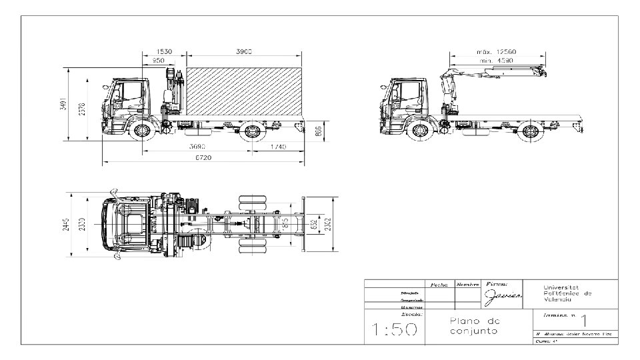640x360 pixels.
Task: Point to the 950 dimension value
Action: (159, 61)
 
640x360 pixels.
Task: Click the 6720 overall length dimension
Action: (204, 157)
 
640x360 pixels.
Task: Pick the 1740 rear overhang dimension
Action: (279, 147)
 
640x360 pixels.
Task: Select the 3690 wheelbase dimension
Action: (196, 147)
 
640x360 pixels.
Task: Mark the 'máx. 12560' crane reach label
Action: (496, 52)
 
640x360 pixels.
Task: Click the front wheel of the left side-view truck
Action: (142, 130)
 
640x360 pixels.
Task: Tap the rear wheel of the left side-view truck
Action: (252, 131)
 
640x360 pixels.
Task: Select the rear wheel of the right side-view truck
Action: (530, 131)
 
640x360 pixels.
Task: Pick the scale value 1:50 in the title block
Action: (395, 329)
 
